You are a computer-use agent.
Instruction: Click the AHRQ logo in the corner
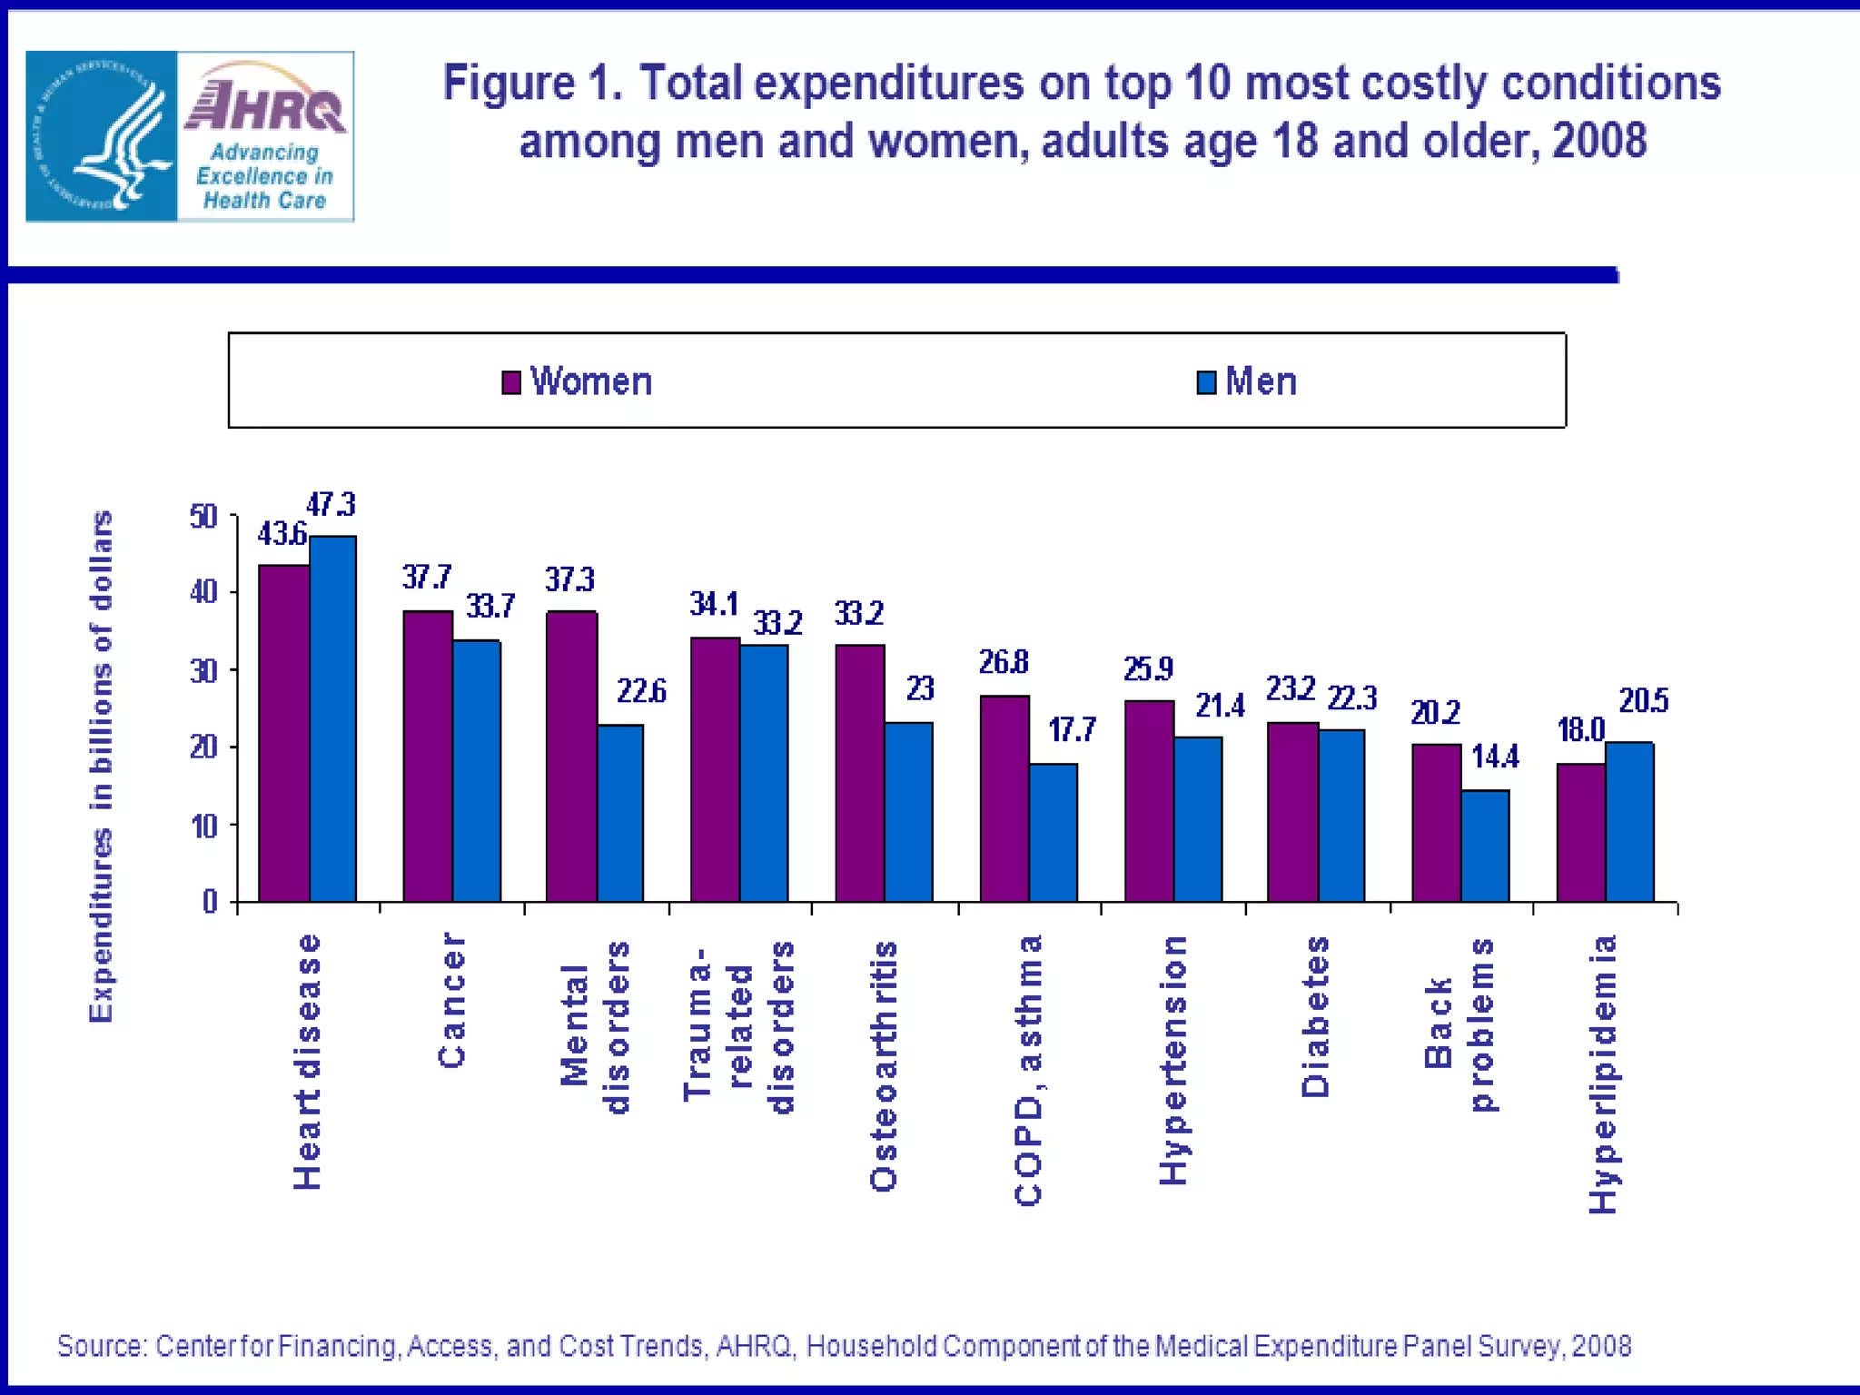pyautogui.click(x=190, y=136)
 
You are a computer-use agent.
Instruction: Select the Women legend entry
pyautogui.click(x=578, y=381)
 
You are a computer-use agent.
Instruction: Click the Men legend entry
pyautogui.click(x=1248, y=381)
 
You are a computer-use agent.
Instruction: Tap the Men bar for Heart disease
pyautogui.click(x=332, y=717)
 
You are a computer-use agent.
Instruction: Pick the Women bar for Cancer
pyautogui.click(x=428, y=756)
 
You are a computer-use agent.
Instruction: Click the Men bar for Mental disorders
pyautogui.click(x=620, y=813)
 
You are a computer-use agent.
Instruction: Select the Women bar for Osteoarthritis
pyautogui.click(x=860, y=772)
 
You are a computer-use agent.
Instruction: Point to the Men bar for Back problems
pyautogui.click(x=1485, y=846)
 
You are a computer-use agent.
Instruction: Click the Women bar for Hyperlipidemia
pyautogui.click(x=1581, y=832)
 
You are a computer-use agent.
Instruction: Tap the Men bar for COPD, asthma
pyautogui.click(x=1054, y=832)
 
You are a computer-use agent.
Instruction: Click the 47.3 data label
pyautogui.click(x=331, y=504)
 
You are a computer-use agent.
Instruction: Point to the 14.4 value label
pyautogui.click(x=1495, y=757)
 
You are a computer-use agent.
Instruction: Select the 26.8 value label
pyautogui.click(x=1004, y=662)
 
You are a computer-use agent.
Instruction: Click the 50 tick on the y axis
pyautogui.click(x=203, y=517)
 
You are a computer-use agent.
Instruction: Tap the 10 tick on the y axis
pyautogui.click(x=203, y=826)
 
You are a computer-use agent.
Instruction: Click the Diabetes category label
pyautogui.click(x=1315, y=1016)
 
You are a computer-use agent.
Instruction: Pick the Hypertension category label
pyautogui.click(x=1172, y=1060)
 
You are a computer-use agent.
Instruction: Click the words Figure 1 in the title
pyautogui.click(x=532, y=84)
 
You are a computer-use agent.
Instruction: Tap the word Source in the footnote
pyautogui.click(x=101, y=1345)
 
